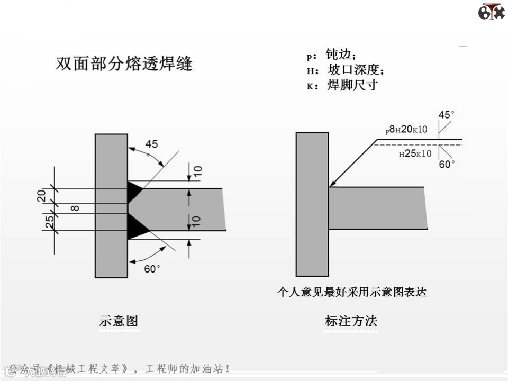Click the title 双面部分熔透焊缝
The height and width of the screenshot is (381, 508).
pyautogui.click(x=124, y=64)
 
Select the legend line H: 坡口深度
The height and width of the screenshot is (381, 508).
pyautogui.click(x=345, y=70)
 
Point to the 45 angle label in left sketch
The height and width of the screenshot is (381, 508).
pyautogui.click(x=152, y=144)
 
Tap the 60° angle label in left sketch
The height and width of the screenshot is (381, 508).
pyautogui.click(x=152, y=269)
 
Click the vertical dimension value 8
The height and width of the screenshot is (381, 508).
pyautogui.click(x=75, y=208)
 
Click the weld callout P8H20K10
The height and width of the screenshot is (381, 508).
pyautogui.click(x=406, y=130)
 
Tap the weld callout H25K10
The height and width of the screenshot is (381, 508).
pyautogui.click(x=415, y=153)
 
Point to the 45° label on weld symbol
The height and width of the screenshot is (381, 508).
pyautogui.click(x=446, y=114)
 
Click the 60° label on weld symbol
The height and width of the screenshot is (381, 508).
pyautogui.click(x=447, y=165)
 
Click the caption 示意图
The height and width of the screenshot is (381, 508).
pyautogui.click(x=119, y=321)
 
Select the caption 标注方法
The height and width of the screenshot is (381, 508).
pyautogui.click(x=351, y=321)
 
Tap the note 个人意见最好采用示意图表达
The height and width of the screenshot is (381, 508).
pyautogui.click(x=352, y=292)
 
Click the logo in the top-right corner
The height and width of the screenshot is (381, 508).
pyautogui.click(x=491, y=11)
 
